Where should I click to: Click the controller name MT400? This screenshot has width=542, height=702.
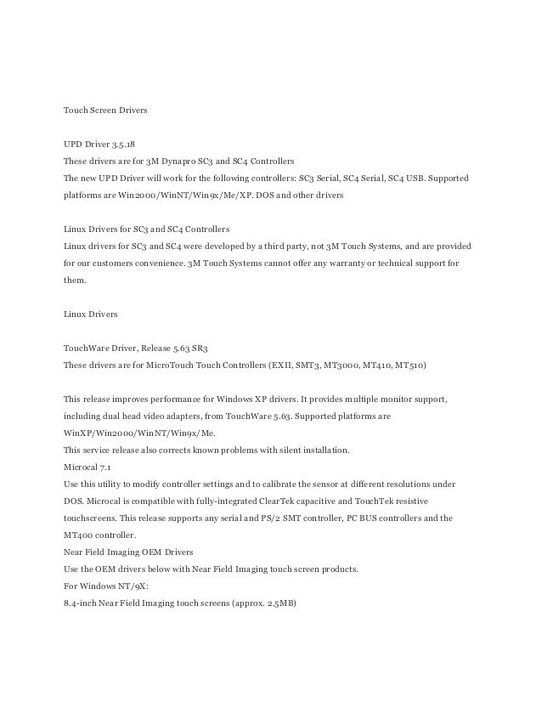78,535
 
